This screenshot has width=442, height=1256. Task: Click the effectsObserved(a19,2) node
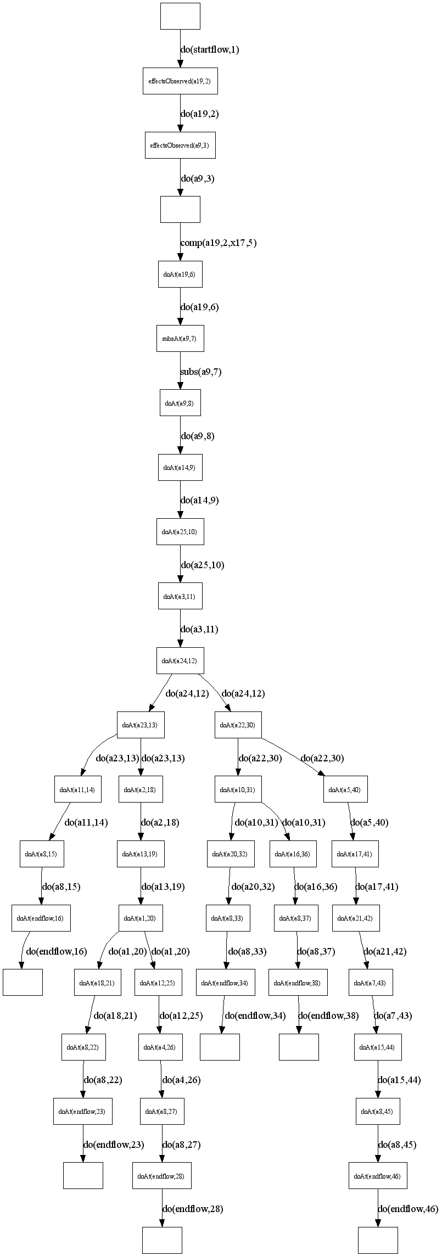coord(180,81)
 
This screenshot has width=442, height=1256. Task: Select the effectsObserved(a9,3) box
coord(180,145)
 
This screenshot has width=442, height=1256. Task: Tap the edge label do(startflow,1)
coord(210,49)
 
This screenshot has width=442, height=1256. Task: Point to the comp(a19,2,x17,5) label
coord(219,243)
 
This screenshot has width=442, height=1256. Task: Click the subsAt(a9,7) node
coord(180,339)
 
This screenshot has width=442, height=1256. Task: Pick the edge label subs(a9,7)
coord(201,372)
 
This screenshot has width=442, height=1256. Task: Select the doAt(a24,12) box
coord(180,660)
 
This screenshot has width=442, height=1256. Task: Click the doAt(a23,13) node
coord(140,725)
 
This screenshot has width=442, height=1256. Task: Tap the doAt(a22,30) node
coord(238,725)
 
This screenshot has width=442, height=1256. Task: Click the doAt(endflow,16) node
coord(41,918)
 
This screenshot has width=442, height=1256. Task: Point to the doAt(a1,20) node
coord(141,918)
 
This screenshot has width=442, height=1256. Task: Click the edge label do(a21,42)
coord(385,951)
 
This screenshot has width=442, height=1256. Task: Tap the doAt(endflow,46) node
coord(378,1176)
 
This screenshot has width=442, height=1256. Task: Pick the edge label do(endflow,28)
coord(193,1208)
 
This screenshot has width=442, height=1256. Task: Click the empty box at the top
coord(180,16)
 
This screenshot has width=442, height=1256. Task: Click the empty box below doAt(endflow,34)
coord(220,1047)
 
